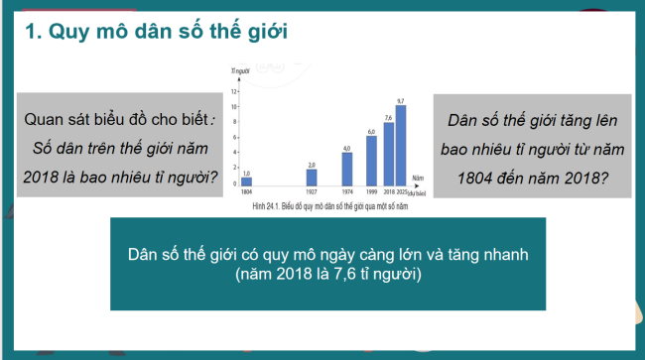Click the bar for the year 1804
[247, 182]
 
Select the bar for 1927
[312, 178]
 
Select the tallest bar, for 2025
[401, 145]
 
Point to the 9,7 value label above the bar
[401, 101]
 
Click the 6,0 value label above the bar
[371, 131]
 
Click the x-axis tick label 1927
[312, 192]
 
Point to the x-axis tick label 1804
[247, 192]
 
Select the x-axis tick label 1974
[347, 192]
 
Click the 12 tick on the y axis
[234, 90]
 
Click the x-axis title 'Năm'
[418, 179]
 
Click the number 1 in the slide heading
[29, 32]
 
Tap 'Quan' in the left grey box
[49, 119]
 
